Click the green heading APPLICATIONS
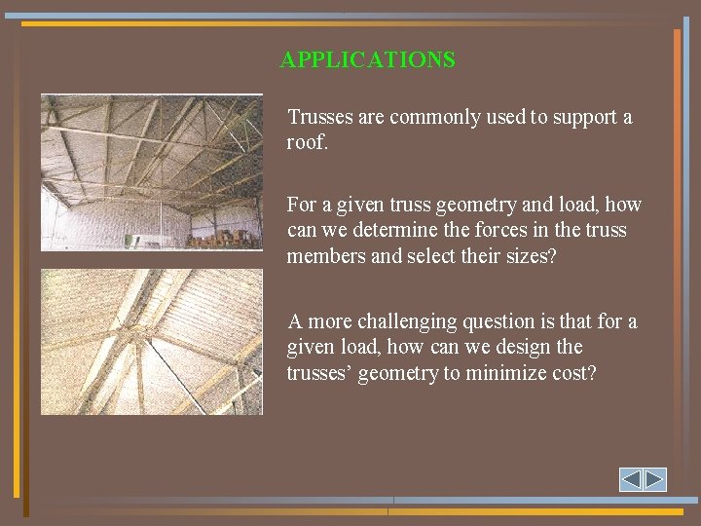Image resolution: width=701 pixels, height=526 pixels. pos(367,59)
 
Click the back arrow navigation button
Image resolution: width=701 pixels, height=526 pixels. pos(631,479)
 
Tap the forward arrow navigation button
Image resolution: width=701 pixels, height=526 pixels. pos(654,479)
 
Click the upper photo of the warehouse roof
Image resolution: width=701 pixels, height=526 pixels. pos(152,171)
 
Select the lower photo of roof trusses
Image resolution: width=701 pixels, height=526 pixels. pos(152,342)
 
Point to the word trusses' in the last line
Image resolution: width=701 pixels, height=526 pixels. pos(319,372)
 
